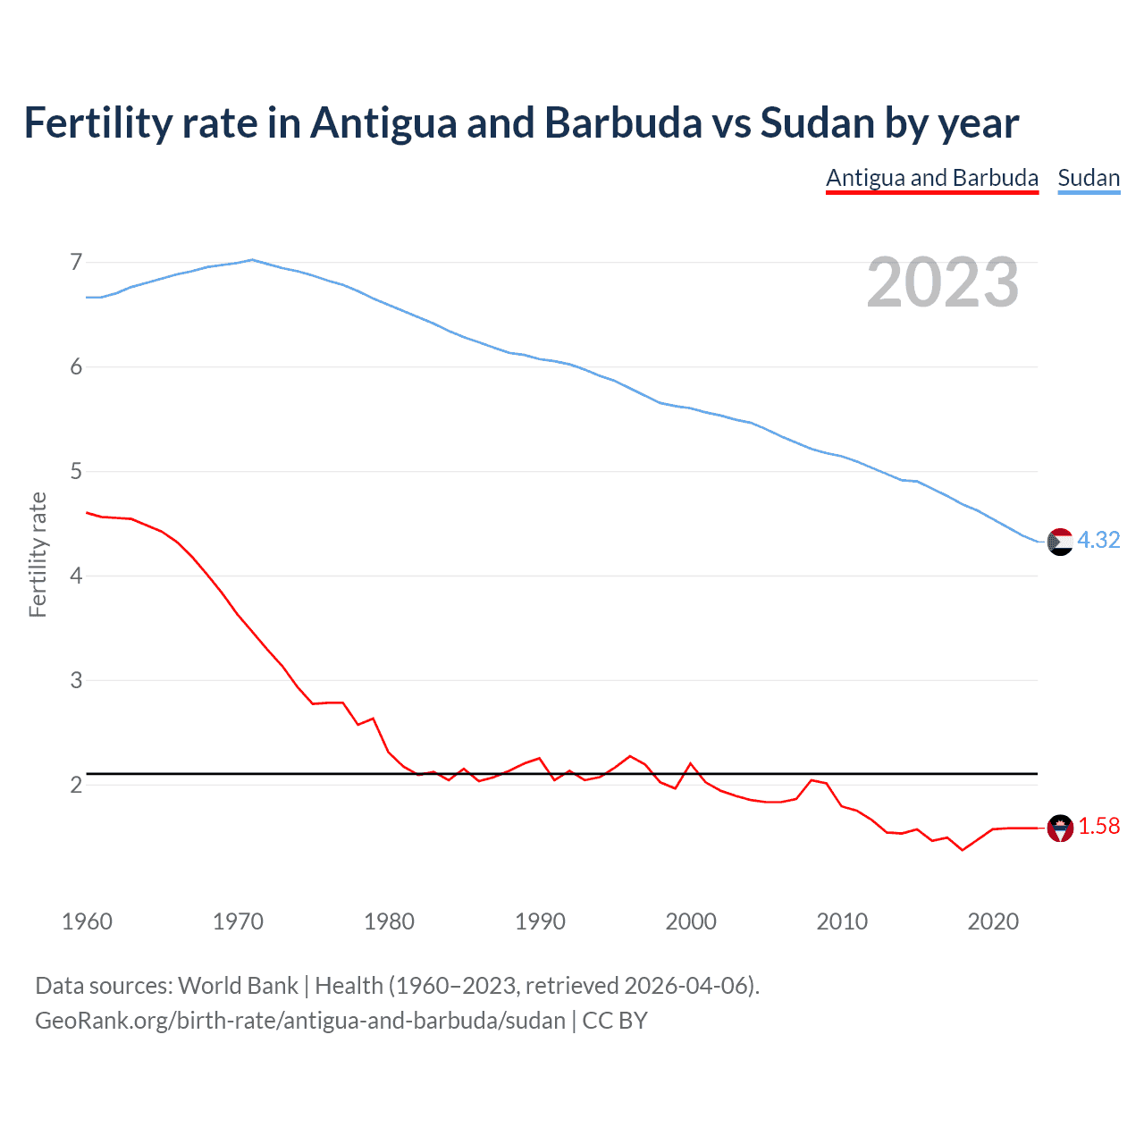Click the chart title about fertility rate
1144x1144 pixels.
coord(521,123)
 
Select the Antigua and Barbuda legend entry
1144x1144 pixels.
coord(931,178)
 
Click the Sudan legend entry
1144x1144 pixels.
coord(1088,178)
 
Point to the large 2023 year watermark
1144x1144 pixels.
coord(942,282)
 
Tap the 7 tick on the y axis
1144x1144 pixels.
coord(76,262)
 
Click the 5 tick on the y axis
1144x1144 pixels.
coord(76,471)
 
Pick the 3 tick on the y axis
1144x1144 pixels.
coord(76,680)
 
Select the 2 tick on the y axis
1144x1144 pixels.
coord(76,785)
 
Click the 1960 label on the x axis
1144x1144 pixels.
coord(87,921)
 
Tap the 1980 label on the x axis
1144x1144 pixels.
coord(389,921)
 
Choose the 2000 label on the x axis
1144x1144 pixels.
coord(691,921)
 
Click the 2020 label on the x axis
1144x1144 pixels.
coord(993,921)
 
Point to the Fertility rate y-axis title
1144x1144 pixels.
coord(38,554)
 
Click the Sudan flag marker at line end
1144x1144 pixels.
coord(1059,542)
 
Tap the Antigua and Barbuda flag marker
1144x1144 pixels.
coord(1059,829)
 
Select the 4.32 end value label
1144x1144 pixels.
coord(1098,540)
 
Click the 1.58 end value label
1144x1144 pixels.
coord(1098,827)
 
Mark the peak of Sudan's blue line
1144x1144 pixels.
coord(252,260)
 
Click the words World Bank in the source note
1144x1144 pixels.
coord(238,986)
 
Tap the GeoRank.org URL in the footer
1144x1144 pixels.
coord(300,1021)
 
